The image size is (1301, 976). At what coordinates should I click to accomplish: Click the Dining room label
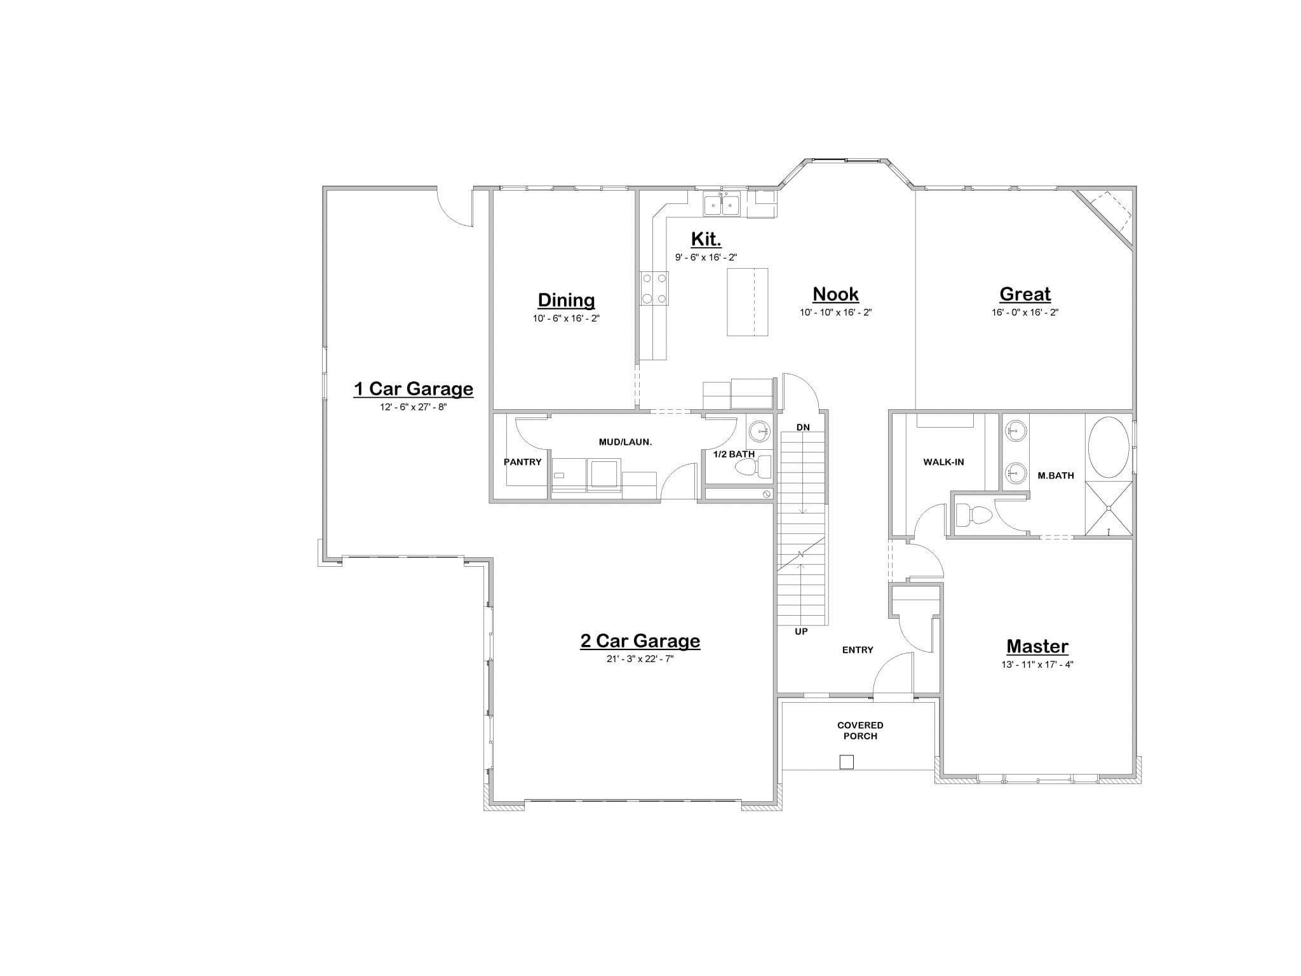click(566, 300)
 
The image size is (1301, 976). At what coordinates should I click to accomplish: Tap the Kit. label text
click(706, 239)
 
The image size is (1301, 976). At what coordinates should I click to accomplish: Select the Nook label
click(835, 294)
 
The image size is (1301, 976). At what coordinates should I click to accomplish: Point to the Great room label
click(1025, 294)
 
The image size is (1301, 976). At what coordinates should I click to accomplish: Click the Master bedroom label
click(1037, 646)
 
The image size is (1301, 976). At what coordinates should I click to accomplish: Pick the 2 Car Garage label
click(640, 640)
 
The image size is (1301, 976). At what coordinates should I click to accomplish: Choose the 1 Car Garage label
click(413, 388)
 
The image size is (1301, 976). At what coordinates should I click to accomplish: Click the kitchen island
click(747, 301)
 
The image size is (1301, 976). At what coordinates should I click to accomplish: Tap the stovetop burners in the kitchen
click(654, 288)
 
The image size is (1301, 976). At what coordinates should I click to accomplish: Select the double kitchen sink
click(722, 205)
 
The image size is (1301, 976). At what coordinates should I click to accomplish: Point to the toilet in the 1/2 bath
click(752, 468)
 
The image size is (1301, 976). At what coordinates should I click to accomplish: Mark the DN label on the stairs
click(803, 427)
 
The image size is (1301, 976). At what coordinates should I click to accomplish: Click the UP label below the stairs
click(801, 632)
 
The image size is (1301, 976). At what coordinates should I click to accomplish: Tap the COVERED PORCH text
click(860, 730)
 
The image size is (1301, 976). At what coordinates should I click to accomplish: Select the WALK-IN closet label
click(943, 462)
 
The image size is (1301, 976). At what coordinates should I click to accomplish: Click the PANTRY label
click(523, 462)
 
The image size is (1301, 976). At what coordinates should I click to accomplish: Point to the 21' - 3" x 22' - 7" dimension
click(640, 659)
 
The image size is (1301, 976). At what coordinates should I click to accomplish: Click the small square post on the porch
click(846, 762)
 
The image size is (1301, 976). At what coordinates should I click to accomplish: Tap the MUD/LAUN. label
click(625, 442)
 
